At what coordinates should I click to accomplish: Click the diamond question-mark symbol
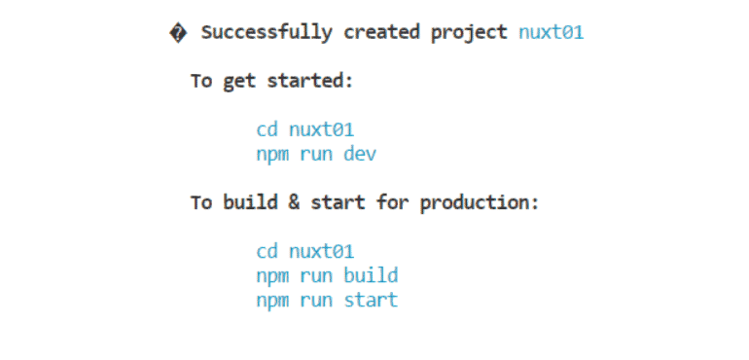pos(178,33)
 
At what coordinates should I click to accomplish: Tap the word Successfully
pos(267,33)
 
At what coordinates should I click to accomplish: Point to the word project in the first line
pos(469,33)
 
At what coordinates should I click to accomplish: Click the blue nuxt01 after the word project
pos(552,32)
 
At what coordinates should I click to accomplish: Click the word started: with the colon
pos(309,81)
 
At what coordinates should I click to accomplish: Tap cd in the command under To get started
pos(267,129)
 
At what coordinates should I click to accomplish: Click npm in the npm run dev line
pos(272,155)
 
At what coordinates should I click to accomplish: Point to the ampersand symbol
pos(294,202)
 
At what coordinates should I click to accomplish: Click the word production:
pos(480,203)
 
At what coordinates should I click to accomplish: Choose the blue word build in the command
pos(371,275)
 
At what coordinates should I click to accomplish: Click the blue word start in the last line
pos(371,301)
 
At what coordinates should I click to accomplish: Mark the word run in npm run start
pos(316,302)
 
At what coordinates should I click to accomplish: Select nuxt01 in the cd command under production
pos(321,251)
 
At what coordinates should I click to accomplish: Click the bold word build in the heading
pos(251,202)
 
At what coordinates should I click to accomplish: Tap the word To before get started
pos(201,81)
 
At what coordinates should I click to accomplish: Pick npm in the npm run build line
pos(272,276)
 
